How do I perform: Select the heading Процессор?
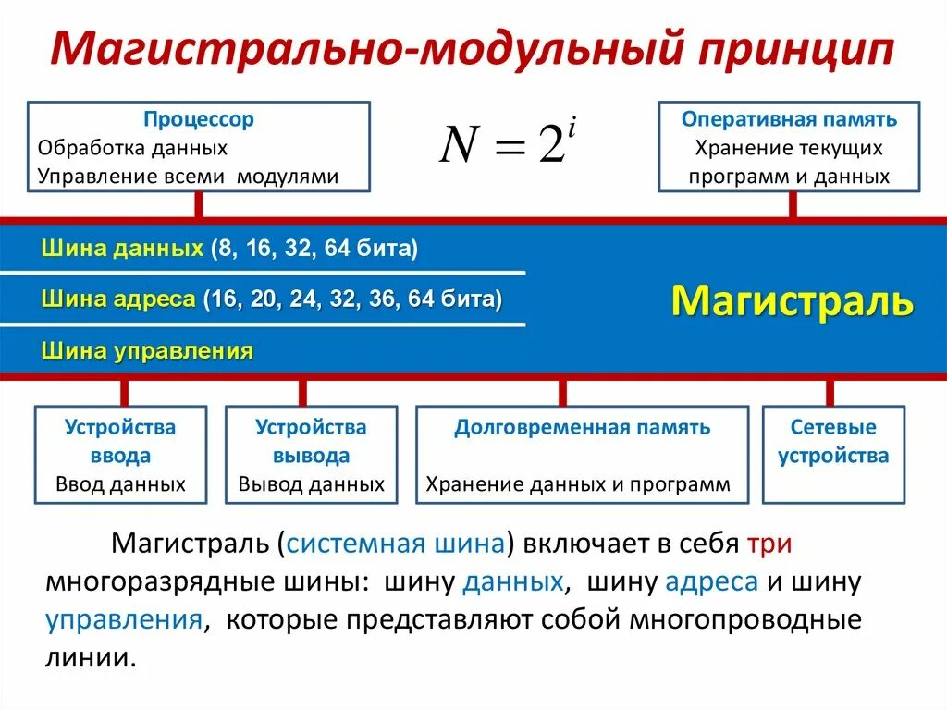[x=199, y=119]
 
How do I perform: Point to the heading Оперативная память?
[x=789, y=119]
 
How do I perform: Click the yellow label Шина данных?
[x=122, y=248]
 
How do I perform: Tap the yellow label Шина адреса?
[x=118, y=299]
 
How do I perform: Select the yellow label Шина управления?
[x=147, y=350]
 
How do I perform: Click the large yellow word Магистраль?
[x=792, y=300]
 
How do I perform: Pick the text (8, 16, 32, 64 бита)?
[x=314, y=248]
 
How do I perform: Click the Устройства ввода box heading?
[x=120, y=441]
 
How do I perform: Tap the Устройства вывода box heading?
[x=311, y=441]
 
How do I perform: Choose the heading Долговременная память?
[x=582, y=427]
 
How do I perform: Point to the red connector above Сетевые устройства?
[x=830, y=392]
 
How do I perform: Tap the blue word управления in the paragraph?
[x=124, y=618]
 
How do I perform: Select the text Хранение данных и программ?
[x=578, y=483]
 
